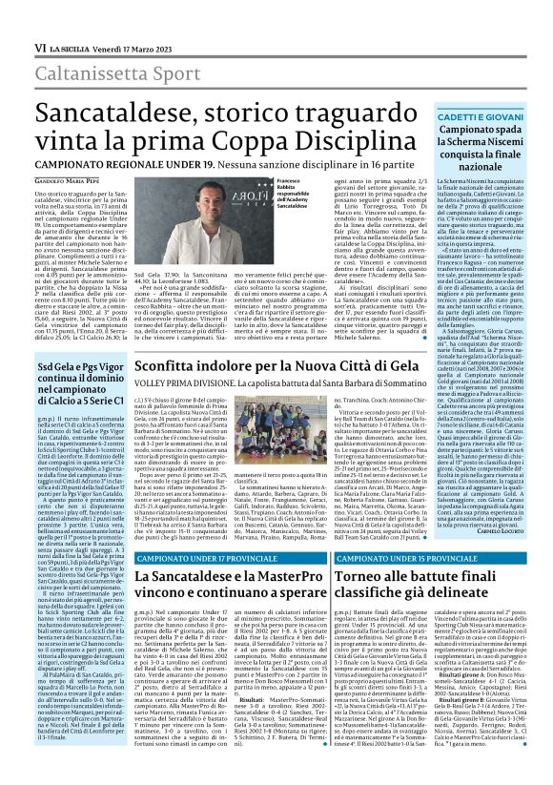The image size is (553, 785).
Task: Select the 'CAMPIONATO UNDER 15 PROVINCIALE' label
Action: tap(397, 556)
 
